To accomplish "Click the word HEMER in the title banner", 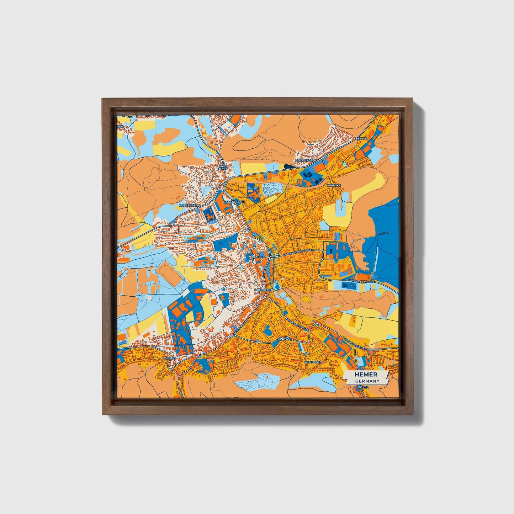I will [x=366, y=375].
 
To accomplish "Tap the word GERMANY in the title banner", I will [x=367, y=381].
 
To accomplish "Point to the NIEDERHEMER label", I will [x=234, y=202].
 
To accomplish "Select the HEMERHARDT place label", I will [x=189, y=205].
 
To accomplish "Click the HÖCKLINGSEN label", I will [x=306, y=160].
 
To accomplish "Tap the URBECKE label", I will [x=334, y=185].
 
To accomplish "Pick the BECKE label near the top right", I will [x=362, y=138].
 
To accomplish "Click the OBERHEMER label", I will [x=265, y=290].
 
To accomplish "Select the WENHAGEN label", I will [x=313, y=362].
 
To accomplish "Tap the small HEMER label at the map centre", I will [x=257, y=256].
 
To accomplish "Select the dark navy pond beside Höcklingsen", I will [x=290, y=165].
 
